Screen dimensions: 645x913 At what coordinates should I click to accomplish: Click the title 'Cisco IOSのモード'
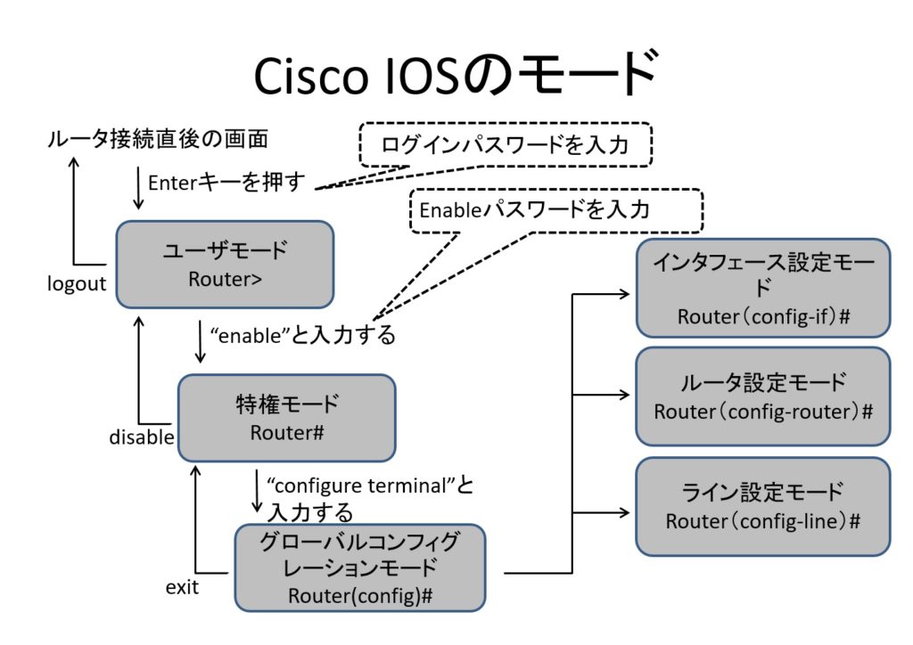coord(456,75)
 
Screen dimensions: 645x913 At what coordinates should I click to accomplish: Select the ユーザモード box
coord(225,264)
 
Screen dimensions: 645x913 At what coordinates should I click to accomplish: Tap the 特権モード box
coord(286,417)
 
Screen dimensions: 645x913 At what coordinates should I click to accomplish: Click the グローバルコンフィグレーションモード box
coord(359,567)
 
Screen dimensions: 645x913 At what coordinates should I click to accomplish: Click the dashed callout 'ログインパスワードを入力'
coord(506,144)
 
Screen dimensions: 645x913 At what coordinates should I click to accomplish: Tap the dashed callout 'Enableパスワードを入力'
coord(557,210)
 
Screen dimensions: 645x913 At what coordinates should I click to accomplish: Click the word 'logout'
coord(77,283)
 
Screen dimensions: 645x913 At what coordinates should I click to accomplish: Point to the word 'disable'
coord(141,437)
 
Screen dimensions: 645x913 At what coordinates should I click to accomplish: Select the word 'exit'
coord(182,587)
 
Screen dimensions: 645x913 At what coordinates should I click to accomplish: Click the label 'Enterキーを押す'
coord(226,183)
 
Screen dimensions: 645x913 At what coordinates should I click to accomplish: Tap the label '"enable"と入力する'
coord(301,336)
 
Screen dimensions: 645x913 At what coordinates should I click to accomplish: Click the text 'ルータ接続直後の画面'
coord(157,139)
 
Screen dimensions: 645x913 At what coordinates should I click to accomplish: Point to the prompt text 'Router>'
coord(225,279)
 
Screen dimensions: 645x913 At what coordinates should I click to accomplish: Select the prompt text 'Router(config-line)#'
coord(762,522)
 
